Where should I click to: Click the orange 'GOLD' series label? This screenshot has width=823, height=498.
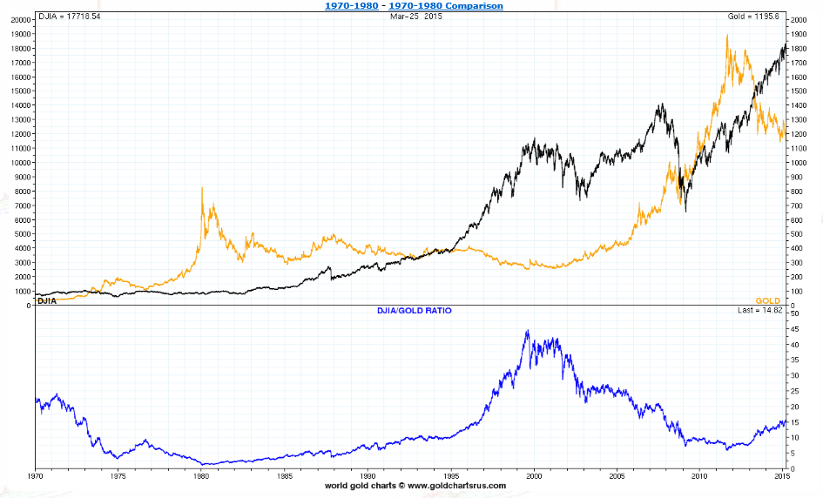[768, 300]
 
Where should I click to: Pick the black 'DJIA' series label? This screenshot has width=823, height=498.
[48, 300]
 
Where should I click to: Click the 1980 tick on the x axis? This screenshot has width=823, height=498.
[202, 476]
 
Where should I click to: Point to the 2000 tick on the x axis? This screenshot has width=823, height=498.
[535, 476]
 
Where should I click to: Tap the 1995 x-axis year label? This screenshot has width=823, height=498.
[452, 476]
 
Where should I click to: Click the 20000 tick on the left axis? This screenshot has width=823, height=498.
[19, 20]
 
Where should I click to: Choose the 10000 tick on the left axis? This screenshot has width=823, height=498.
[19, 163]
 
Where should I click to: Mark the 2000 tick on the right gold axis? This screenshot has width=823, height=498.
[798, 20]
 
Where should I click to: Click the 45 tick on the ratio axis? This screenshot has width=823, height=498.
[794, 329]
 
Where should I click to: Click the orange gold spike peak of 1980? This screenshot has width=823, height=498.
[202, 187]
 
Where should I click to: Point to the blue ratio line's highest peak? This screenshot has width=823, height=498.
[527, 331]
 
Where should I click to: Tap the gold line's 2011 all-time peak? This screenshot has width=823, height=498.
[727, 35]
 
